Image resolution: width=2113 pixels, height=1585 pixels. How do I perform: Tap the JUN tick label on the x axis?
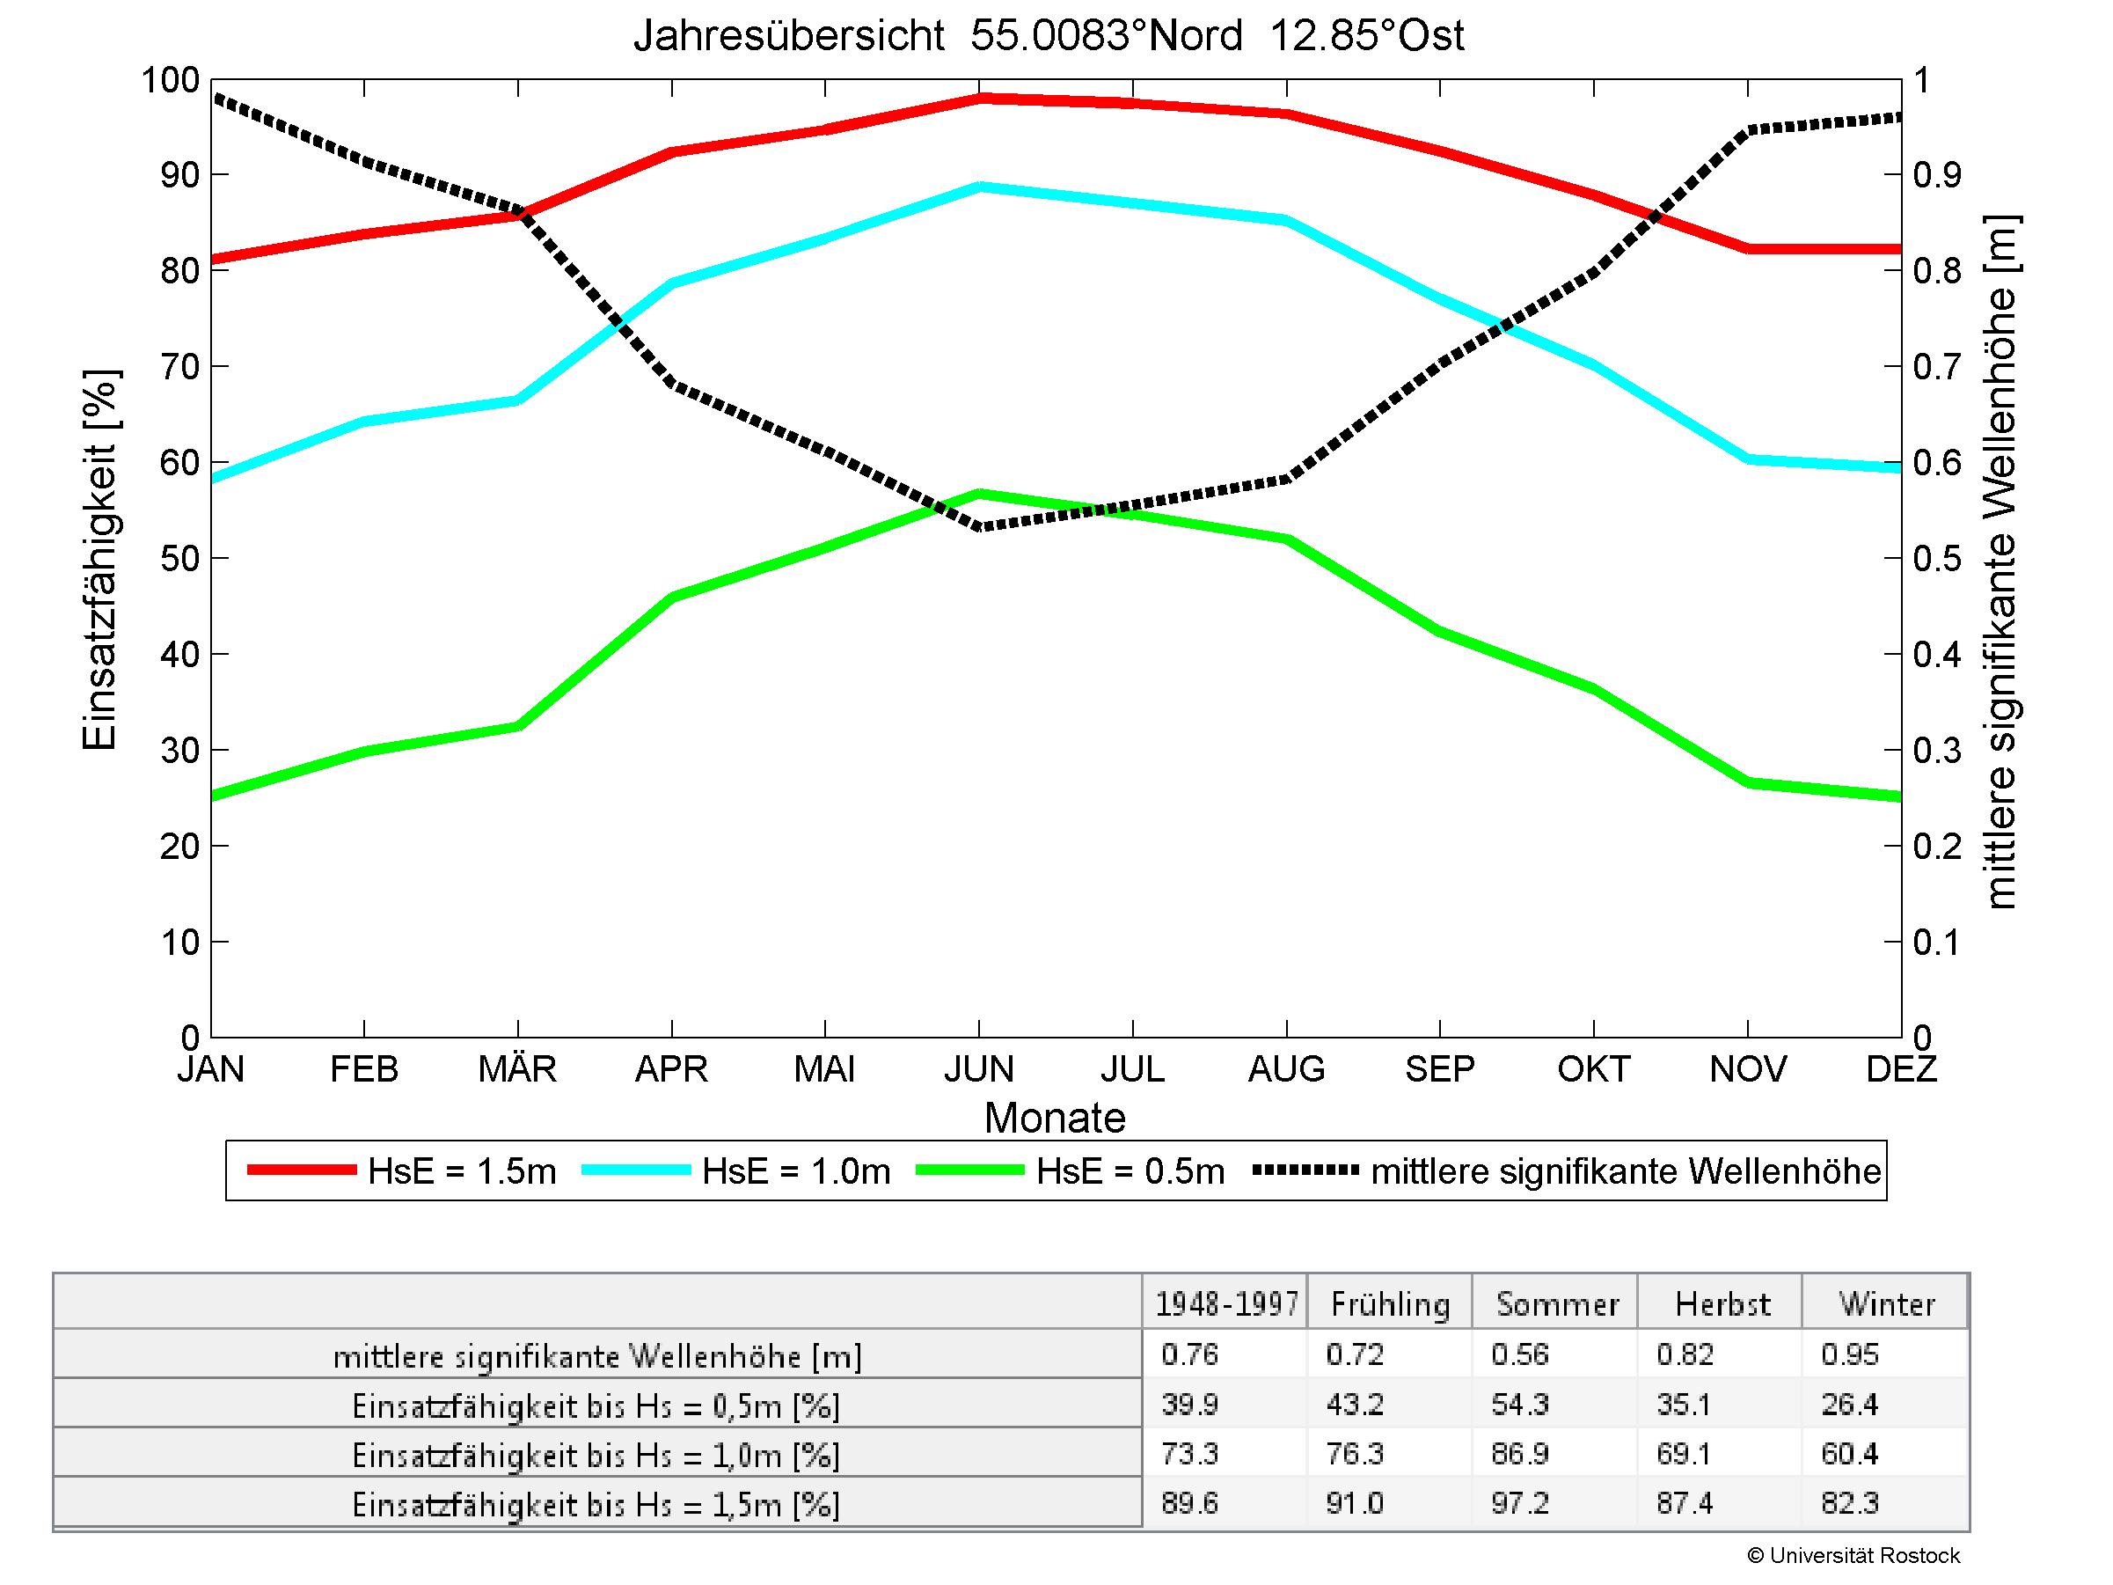click(x=979, y=1068)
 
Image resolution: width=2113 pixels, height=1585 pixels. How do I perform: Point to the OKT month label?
click(x=1593, y=1068)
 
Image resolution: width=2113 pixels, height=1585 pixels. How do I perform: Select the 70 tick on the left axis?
click(x=179, y=367)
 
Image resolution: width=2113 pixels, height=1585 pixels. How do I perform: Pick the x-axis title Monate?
click(x=1055, y=1118)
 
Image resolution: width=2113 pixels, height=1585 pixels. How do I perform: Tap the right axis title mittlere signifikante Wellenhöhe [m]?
click(x=2000, y=561)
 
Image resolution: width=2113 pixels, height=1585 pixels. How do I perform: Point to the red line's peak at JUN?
click(x=979, y=98)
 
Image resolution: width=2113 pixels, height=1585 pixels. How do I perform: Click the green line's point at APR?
click(x=672, y=597)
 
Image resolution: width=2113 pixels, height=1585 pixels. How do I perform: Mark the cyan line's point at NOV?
click(x=1748, y=459)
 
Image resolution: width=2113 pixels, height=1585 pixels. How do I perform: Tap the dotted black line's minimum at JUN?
click(x=979, y=527)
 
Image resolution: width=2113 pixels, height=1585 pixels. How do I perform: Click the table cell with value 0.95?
click(x=1849, y=1354)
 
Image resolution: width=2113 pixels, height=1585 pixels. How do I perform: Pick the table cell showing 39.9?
click(x=1189, y=1405)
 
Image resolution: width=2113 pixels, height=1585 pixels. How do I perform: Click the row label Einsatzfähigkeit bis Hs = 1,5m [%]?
click(x=596, y=1506)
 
